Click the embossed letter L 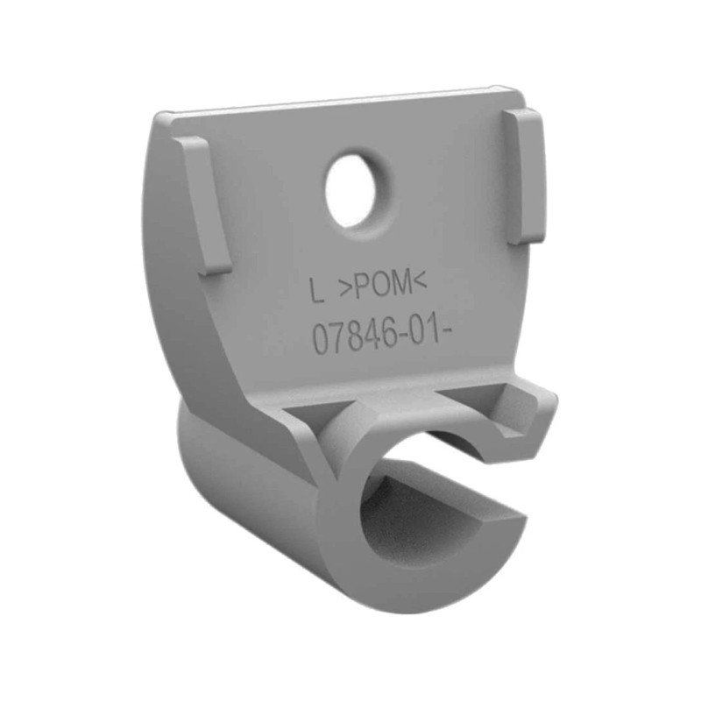pyautogui.click(x=319, y=290)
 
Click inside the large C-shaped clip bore pyautogui.click(x=412, y=526)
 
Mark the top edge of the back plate pyautogui.click(x=342, y=103)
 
